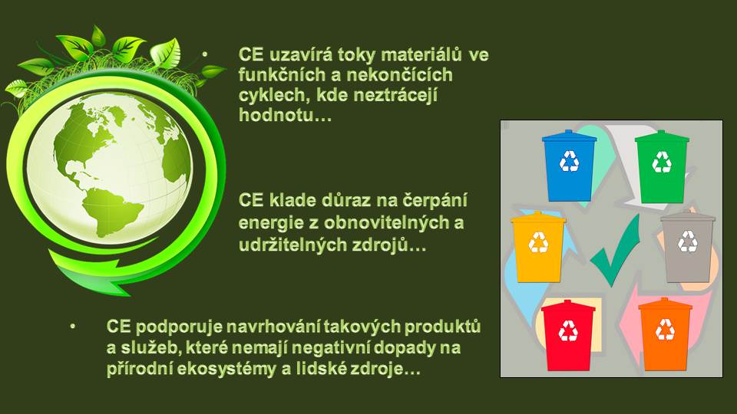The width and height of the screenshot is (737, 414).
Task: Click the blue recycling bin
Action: click(569, 166)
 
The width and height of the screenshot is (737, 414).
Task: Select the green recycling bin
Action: click(662, 166)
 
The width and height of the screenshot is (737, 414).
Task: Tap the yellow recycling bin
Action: click(538, 247)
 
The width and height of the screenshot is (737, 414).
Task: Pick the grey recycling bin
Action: click(688, 247)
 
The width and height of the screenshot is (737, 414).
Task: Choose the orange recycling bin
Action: click(665, 334)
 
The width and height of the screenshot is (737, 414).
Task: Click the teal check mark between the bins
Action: click(616, 251)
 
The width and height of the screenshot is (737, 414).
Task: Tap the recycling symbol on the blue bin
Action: click(569, 161)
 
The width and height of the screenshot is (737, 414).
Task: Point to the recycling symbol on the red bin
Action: click(568, 330)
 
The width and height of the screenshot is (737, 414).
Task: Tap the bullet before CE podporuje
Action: click(72, 325)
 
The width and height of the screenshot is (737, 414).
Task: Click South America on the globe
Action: click(111, 211)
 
